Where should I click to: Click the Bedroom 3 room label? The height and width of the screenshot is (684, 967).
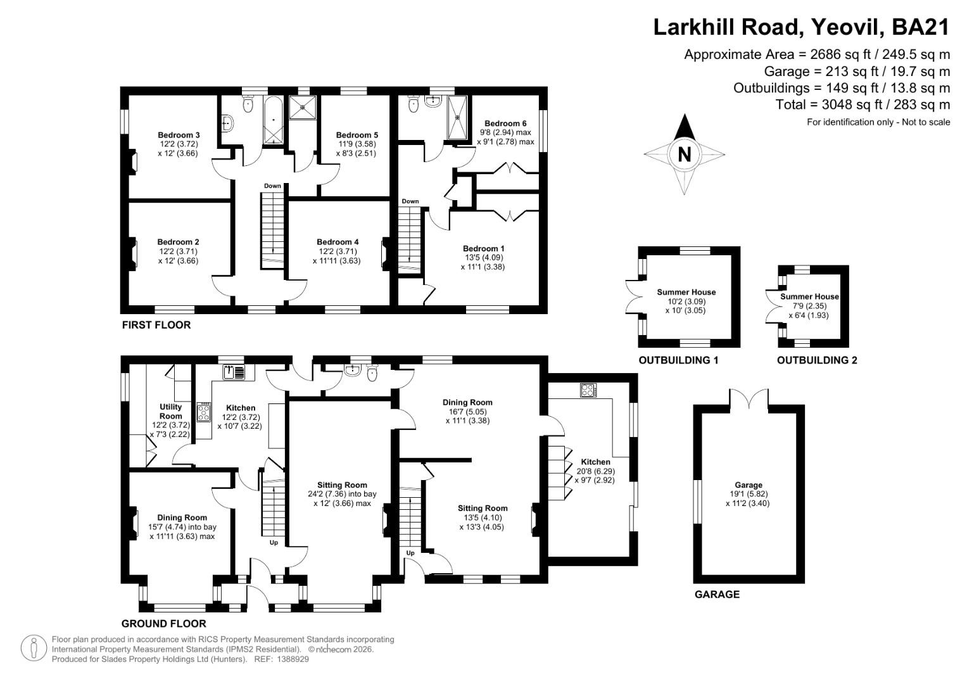pos(179,135)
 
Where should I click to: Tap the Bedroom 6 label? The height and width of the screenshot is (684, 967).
pos(505,123)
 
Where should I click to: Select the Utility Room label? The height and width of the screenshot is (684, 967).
pos(170,411)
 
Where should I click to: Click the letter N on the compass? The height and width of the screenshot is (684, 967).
pos(684,155)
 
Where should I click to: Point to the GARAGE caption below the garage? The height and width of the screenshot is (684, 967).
pos(717,595)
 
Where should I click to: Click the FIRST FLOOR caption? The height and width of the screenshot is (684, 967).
pos(156,326)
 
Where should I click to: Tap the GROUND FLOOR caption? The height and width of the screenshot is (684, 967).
pos(163,624)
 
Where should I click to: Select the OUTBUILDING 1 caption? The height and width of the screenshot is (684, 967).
pos(678,360)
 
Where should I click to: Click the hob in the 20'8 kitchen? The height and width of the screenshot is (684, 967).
pos(588,390)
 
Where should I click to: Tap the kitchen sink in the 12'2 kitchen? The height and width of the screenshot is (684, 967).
pos(234,372)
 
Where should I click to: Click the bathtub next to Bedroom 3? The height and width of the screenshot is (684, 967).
pos(275,120)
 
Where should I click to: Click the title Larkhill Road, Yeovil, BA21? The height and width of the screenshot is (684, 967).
pos(801,27)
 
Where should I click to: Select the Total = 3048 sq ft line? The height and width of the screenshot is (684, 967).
pos(863,104)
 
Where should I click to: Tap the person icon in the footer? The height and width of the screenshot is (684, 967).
pos(34,649)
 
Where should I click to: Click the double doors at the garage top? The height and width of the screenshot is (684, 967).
pos(749,399)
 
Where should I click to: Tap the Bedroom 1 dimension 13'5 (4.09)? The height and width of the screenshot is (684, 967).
pos(483,258)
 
